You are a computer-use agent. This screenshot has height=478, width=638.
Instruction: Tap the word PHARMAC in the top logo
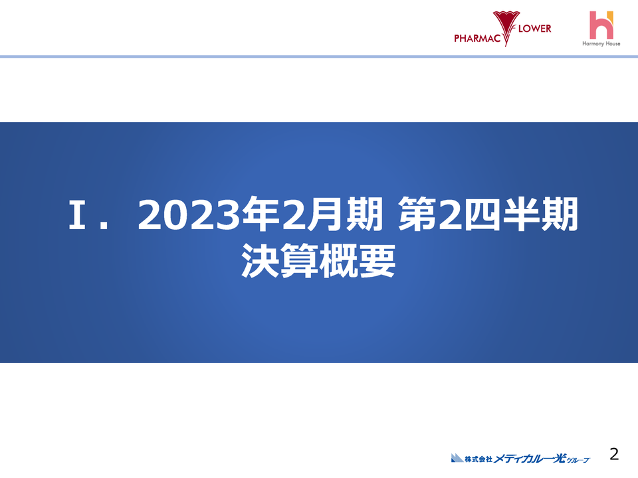[475, 38]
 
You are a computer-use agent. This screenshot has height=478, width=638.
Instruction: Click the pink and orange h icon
[601, 25]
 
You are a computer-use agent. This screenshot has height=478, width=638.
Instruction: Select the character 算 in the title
[299, 261]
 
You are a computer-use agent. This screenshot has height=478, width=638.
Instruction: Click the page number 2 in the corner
[614, 454]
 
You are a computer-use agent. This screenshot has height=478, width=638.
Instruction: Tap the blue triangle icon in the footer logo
[457, 457]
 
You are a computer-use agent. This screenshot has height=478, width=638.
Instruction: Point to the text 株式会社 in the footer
[478, 458]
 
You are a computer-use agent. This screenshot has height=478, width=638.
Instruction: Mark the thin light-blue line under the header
[319, 56]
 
